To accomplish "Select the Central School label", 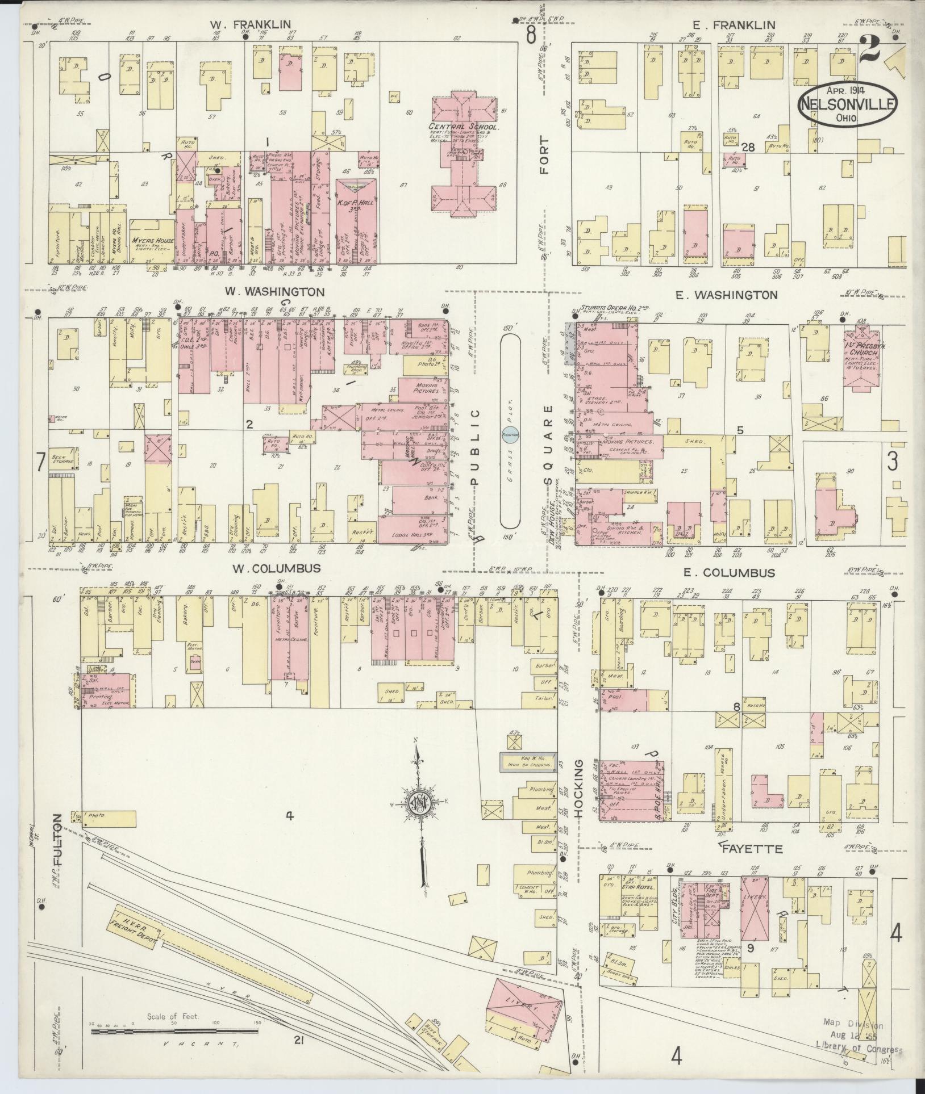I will pos(464,127).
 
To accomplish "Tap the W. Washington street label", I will pos(275,291).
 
